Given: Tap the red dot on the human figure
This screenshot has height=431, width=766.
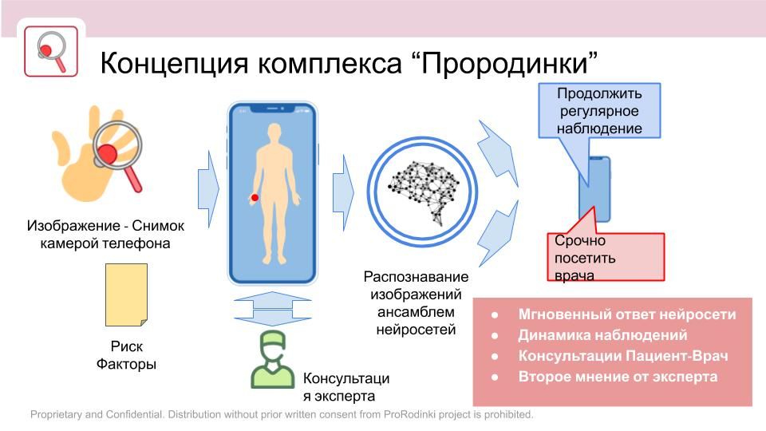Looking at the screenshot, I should tap(255, 197).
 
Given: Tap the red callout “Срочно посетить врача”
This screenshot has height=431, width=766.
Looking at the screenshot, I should tap(604, 257).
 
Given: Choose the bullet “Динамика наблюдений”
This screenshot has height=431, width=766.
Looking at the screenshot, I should tap(602, 335).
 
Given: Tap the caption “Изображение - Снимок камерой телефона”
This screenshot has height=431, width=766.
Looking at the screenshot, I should tap(105, 235).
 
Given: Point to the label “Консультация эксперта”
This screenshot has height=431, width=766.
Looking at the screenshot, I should tap(345, 387).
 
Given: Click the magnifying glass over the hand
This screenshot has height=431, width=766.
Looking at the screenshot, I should tap(120, 152).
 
